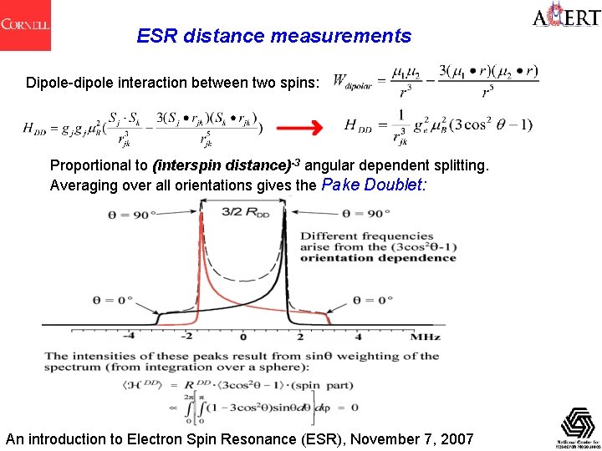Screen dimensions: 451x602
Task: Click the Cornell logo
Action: pyautogui.click(x=25, y=24)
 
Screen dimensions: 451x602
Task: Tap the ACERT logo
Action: pyautogui.click(x=565, y=18)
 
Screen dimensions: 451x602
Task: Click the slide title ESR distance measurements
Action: pyautogui.click(x=274, y=37)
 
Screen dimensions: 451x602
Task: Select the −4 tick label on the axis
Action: pyautogui.click(x=127, y=336)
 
